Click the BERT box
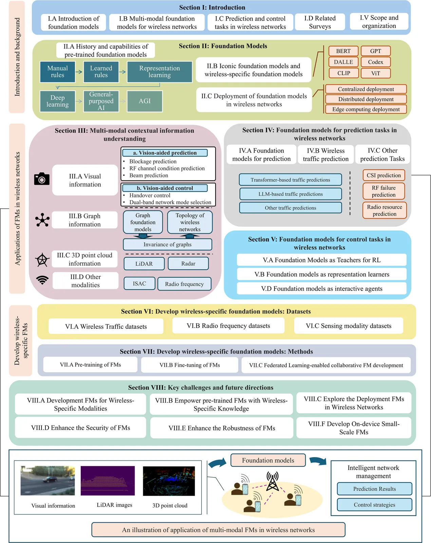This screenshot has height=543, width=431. click(x=343, y=51)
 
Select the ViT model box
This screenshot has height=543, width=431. click(x=375, y=73)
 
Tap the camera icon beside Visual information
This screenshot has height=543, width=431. click(x=42, y=179)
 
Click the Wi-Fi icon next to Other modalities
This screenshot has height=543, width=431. click(x=42, y=280)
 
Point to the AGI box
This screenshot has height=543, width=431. click(x=145, y=101)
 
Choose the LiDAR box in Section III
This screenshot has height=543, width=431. click(x=144, y=264)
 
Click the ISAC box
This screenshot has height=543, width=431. click(x=139, y=283)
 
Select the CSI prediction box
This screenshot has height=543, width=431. click(x=383, y=175)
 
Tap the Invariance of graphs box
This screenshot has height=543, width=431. click(x=167, y=244)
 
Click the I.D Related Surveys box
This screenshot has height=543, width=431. click(x=320, y=22)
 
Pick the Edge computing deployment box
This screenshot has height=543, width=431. click(x=366, y=109)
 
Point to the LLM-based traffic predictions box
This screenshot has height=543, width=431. click(x=291, y=194)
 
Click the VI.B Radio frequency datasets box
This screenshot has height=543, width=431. click(x=228, y=326)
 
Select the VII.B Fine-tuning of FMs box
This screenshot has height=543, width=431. click(x=189, y=365)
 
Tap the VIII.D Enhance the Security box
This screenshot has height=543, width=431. click(x=80, y=428)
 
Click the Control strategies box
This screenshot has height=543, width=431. click(x=374, y=505)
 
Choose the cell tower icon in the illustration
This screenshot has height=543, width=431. click(x=272, y=481)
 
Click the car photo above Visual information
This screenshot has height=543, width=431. click(x=48, y=480)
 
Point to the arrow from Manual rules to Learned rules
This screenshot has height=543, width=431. click(x=79, y=72)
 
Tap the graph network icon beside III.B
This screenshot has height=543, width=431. click(x=42, y=220)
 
